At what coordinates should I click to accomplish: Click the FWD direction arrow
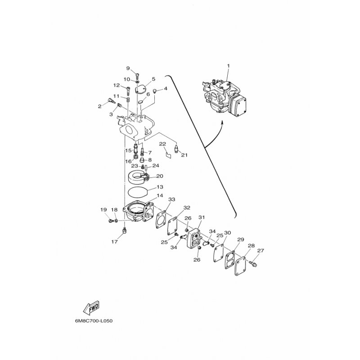pyautogui.click(x=91, y=307)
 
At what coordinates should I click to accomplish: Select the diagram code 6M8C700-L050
pyautogui.click(x=94, y=321)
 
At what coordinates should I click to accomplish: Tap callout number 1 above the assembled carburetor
pyautogui.click(x=228, y=66)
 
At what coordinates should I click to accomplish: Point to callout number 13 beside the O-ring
pyautogui.click(x=160, y=187)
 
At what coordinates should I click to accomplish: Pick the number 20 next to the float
pyautogui.click(x=160, y=176)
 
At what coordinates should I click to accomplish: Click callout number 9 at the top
pyautogui.click(x=128, y=68)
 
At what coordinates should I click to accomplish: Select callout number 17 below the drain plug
pyautogui.click(x=115, y=242)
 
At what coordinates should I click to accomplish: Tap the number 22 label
pyautogui.click(x=162, y=144)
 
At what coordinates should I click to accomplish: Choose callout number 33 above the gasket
pyautogui.click(x=172, y=199)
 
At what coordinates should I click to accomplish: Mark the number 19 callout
pyautogui.click(x=103, y=209)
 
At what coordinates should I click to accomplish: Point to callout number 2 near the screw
pyautogui.click(x=99, y=106)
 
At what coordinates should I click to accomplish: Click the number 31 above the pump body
pyautogui.click(x=202, y=217)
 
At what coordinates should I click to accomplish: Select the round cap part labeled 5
pyautogui.click(x=140, y=89)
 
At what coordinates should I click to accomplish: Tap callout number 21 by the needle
pyautogui.click(x=184, y=155)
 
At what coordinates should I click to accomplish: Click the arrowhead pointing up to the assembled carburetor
pyautogui.click(x=222, y=123)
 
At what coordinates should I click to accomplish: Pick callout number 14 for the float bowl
pyautogui.click(x=160, y=195)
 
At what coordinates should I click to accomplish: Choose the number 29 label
pyautogui.click(x=240, y=239)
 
